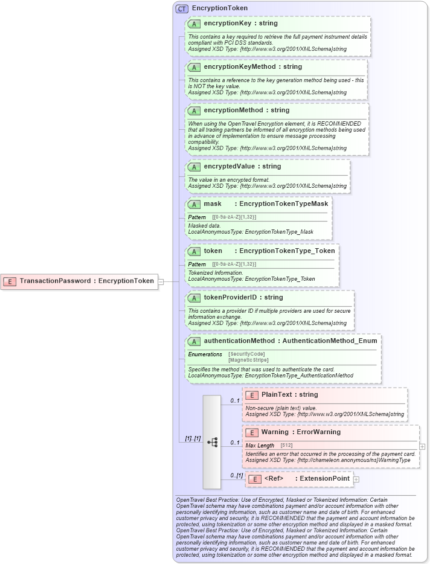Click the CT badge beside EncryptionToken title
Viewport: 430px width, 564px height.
tap(182, 8)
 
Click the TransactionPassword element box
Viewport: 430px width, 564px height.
tap(79, 281)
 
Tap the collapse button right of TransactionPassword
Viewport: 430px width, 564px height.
tap(161, 281)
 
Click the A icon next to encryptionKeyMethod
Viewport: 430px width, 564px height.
tap(194, 67)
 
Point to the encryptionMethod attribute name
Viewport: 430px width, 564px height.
tap(233, 111)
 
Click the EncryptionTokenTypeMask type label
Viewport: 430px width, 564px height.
tap(283, 204)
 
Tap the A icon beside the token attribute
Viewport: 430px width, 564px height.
tap(194, 251)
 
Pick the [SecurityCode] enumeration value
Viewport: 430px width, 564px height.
tap(246, 354)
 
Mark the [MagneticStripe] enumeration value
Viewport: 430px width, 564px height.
tap(248, 360)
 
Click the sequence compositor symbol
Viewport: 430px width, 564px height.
tap(212, 442)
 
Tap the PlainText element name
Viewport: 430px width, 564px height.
tap(276, 395)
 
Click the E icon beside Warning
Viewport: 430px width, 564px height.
tap(252, 432)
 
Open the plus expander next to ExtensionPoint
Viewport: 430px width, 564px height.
tap(356, 479)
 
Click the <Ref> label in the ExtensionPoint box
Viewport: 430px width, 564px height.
tap(274, 479)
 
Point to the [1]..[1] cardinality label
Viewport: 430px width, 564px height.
tap(193, 438)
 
